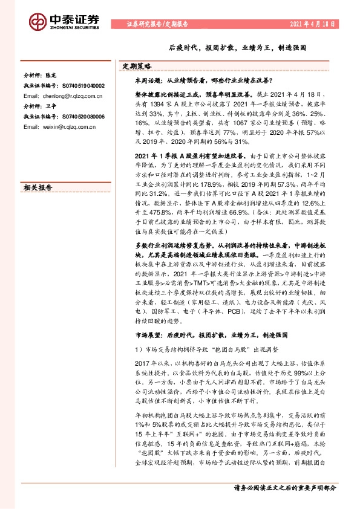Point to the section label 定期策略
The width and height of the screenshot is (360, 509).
coord(136,66)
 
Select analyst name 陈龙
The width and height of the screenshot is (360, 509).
coord(53,77)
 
